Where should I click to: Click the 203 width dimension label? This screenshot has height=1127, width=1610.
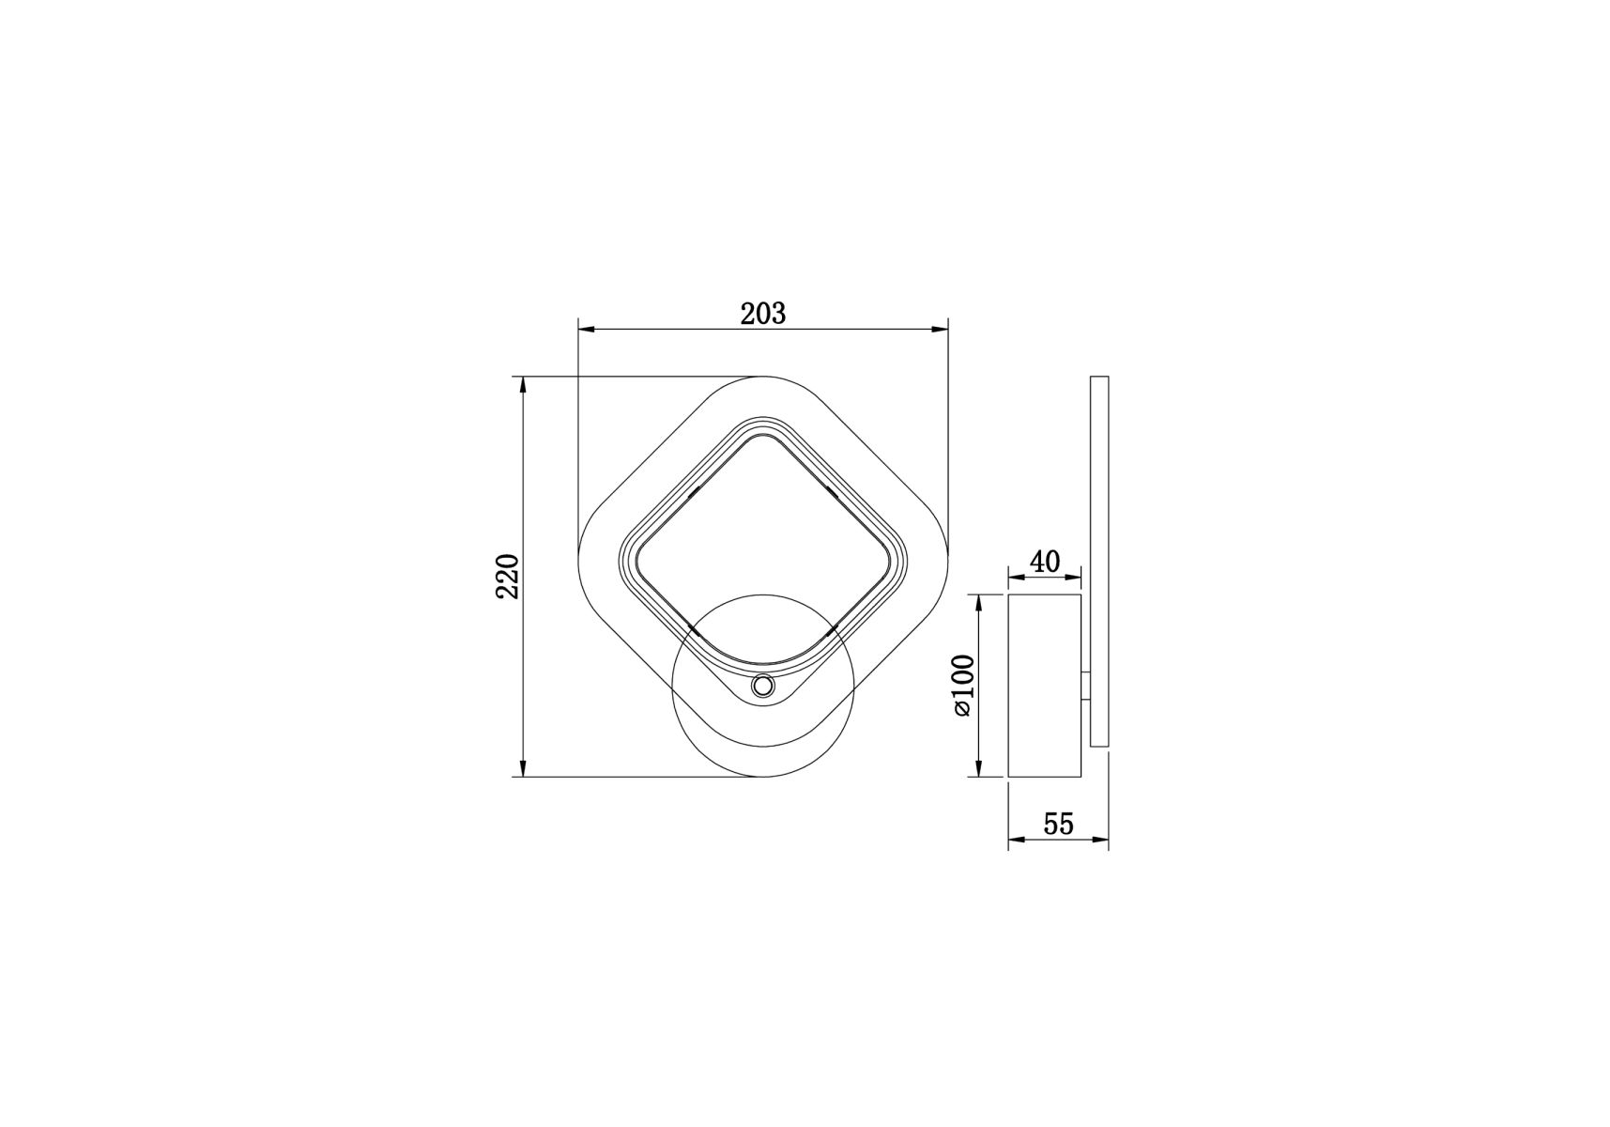762,314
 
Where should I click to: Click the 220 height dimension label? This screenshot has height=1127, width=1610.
508,577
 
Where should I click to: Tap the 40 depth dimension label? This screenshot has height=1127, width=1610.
1045,562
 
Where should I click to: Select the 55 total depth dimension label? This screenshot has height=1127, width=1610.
1058,824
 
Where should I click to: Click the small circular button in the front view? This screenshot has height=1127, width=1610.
762,687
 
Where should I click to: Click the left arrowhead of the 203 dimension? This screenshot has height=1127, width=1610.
587,330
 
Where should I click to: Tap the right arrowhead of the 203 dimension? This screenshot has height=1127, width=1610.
939,330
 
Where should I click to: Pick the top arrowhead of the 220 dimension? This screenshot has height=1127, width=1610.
522,386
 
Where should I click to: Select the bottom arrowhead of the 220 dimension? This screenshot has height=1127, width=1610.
522,767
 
